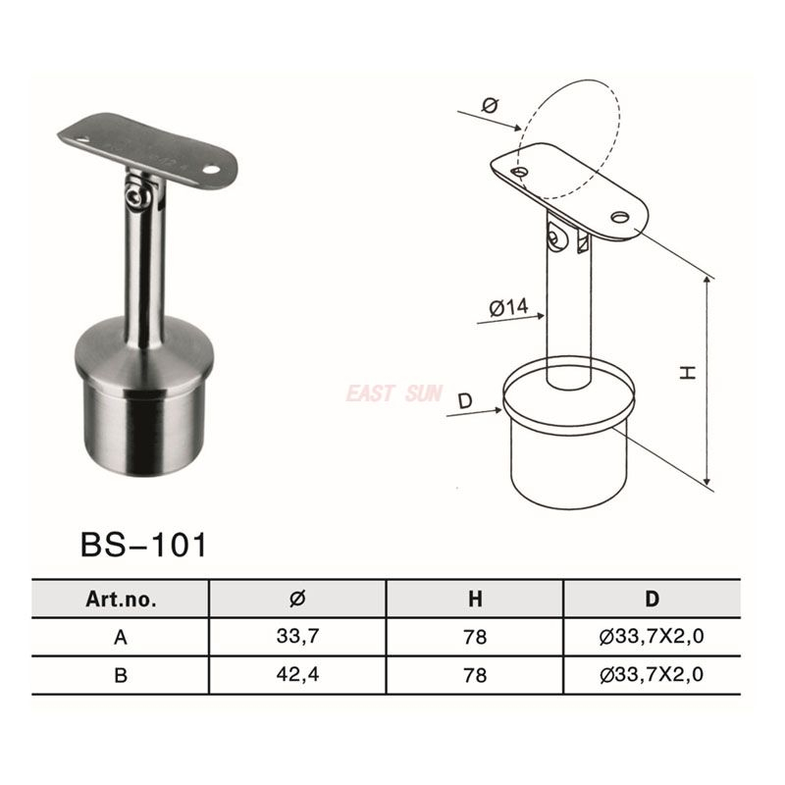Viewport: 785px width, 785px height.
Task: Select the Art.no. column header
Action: [121, 599]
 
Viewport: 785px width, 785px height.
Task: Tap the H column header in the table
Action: [476, 599]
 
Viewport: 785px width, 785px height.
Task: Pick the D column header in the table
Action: [653, 599]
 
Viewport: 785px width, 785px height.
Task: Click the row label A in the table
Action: [121, 637]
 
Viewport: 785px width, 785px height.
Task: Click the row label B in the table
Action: [121, 674]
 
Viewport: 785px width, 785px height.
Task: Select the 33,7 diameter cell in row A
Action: [298, 637]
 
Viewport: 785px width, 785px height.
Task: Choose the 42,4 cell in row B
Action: [298, 674]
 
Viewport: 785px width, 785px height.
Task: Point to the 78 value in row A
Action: [476, 637]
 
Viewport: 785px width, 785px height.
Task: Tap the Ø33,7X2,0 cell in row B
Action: [653, 674]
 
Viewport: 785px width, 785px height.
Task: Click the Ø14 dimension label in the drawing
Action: [508, 307]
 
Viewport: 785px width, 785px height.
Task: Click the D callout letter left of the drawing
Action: [465, 401]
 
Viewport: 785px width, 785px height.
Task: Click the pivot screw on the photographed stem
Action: [137, 199]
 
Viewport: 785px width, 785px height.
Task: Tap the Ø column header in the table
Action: [298, 599]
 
